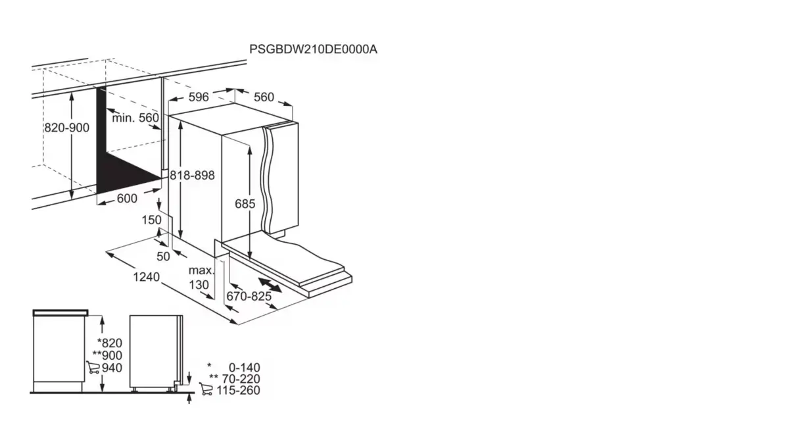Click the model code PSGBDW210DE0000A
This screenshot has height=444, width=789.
(314, 49)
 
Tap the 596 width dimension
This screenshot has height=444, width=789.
(198, 97)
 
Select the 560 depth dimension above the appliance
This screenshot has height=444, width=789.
(263, 97)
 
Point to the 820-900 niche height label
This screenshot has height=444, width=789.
(66, 128)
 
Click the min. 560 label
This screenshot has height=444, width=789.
(135, 118)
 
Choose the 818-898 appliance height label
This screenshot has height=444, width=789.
(192, 176)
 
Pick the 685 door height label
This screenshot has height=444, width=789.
(245, 204)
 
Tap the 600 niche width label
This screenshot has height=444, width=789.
(127, 199)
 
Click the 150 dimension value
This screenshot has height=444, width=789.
(151, 220)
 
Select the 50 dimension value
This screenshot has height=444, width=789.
(163, 256)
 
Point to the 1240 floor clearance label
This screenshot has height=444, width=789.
(146, 277)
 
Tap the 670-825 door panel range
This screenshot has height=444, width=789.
(249, 297)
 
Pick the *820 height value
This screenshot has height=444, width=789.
(109, 343)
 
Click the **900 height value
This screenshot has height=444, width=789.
(108, 355)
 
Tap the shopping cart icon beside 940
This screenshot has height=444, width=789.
(93, 368)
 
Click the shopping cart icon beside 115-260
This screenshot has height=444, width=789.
(206, 390)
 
